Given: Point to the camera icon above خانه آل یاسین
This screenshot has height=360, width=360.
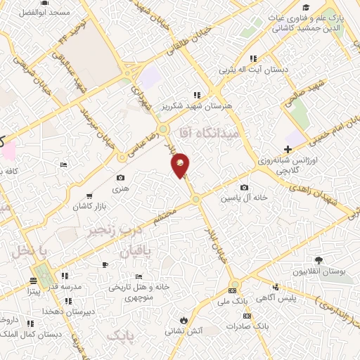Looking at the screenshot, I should coord(244,187).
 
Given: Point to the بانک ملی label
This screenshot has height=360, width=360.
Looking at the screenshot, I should coord(233,301).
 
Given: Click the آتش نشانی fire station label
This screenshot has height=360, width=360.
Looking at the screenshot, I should coord(184,329).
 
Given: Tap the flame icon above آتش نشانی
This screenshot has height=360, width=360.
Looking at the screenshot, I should coord(184,318).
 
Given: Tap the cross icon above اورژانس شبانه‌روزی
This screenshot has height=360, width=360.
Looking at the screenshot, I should coord(288,149).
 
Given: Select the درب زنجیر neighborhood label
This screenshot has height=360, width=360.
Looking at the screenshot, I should coord(114,229).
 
